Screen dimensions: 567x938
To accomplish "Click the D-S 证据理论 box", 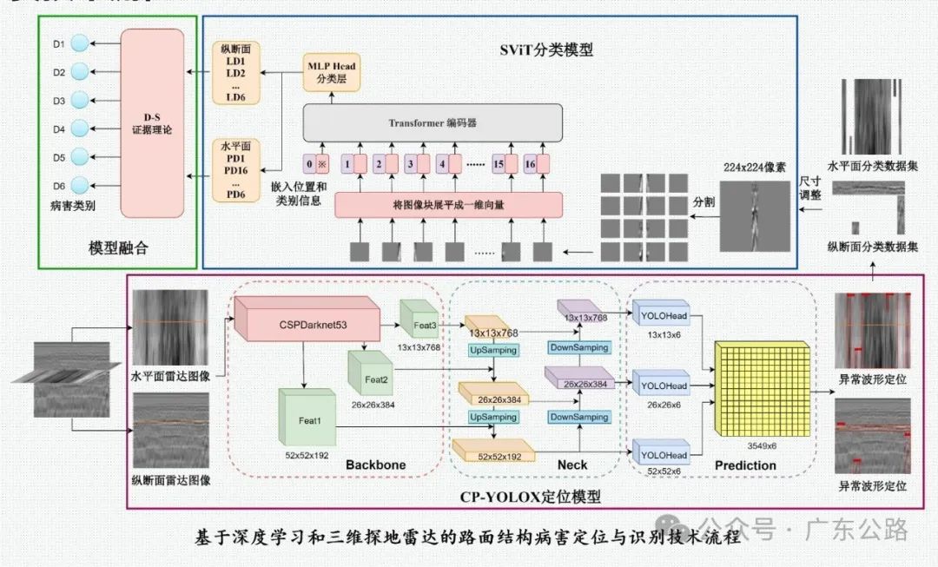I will click(x=152, y=123).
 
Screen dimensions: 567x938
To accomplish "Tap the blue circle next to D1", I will click(x=80, y=43).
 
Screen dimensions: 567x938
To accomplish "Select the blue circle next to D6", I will click(x=80, y=185).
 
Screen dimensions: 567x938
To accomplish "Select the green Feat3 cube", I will click(x=423, y=325).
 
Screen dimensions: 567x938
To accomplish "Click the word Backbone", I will click(x=375, y=465).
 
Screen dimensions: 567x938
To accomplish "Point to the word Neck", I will click(x=571, y=465).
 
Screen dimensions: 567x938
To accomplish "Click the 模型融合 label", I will click(x=118, y=248).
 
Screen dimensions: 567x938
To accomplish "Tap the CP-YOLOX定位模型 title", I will click(x=530, y=497).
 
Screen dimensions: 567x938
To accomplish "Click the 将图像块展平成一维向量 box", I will click(x=448, y=205).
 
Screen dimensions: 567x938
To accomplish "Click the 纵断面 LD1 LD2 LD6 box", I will click(x=236, y=73).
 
